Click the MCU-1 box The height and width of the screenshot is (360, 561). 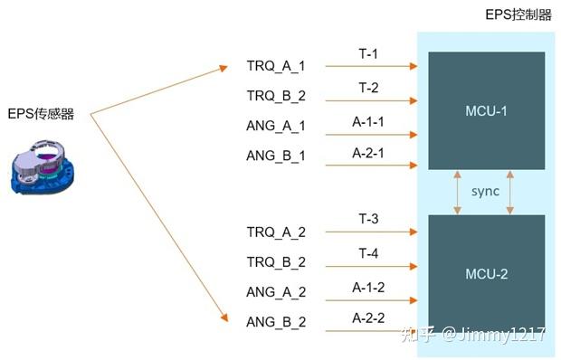point(486,109)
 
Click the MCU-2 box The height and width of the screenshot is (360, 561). point(486,272)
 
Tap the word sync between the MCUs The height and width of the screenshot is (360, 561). point(485,192)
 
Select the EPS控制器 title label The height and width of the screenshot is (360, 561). point(518,15)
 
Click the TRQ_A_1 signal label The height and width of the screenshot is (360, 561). point(275,67)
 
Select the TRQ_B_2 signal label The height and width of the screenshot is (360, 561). point(275,96)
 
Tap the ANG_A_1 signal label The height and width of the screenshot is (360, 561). point(275,126)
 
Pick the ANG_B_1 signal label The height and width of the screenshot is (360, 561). point(275,156)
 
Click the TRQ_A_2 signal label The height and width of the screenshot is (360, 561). point(275,232)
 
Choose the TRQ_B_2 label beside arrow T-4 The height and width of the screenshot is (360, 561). point(275,262)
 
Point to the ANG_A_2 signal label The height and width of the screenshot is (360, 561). point(275,292)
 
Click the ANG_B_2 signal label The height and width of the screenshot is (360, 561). point(275,322)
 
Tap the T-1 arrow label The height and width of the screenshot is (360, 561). point(367,55)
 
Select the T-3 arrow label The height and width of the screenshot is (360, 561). point(367,221)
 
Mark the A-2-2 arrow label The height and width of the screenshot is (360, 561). point(367,317)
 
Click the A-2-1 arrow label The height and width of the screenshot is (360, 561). point(367,153)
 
